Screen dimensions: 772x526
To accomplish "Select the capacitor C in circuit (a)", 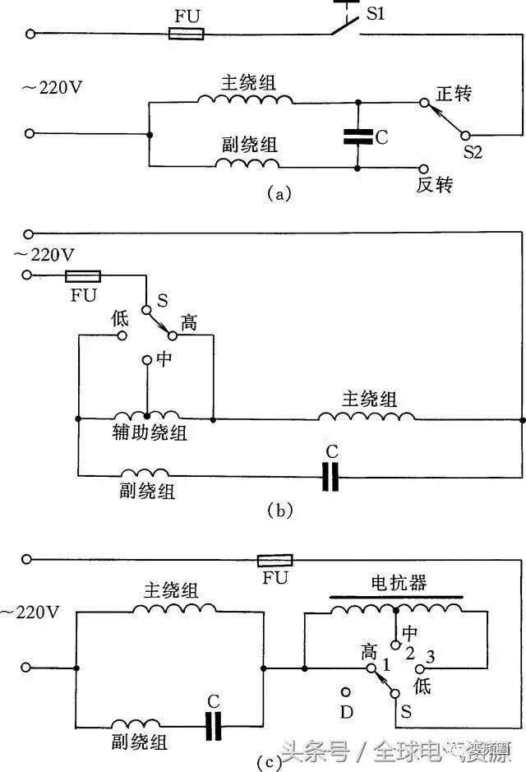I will point(358,136).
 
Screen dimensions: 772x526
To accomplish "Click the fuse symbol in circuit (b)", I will point(82,276).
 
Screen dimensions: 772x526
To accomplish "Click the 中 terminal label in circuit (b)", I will point(163,360).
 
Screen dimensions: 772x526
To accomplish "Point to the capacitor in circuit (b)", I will point(330,475).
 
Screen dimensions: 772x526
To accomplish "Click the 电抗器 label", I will point(398,583).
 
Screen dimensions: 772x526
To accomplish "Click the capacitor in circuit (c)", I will point(214,725).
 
